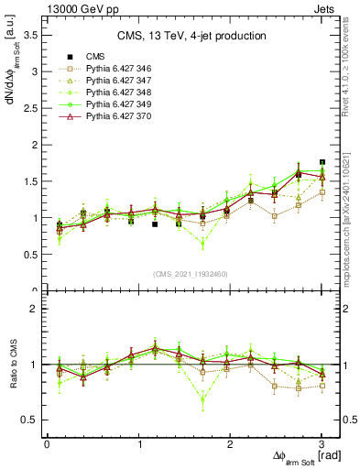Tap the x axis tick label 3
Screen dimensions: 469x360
(x=322, y=444)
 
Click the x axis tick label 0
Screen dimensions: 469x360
(x=47, y=444)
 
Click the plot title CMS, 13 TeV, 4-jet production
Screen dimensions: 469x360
(x=191, y=36)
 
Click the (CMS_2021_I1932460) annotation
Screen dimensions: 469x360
(x=191, y=273)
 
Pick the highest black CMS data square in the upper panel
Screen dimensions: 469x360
(x=322, y=162)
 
